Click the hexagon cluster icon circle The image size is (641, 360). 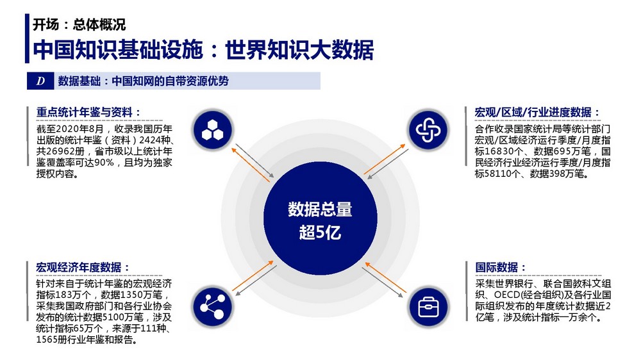pyautogui.click(x=213, y=130)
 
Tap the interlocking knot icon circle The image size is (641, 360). pyautogui.click(x=428, y=130)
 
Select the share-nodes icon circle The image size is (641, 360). pyautogui.click(x=212, y=307)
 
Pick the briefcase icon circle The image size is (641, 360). pyautogui.click(x=428, y=307)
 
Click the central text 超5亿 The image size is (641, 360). pyautogui.click(x=320, y=233)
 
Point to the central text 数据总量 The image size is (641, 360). pyautogui.click(x=320, y=209)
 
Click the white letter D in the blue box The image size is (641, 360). pyautogui.click(x=40, y=81)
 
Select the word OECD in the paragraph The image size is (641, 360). pyautogui.click(x=507, y=295)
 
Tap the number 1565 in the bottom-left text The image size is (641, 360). pyautogui.click(x=47, y=340)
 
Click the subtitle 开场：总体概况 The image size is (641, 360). pyautogui.click(x=79, y=25)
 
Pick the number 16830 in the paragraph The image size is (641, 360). pyautogui.click(x=498, y=152)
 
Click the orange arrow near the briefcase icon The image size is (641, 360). pyautogui.click(x=385, y=278)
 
